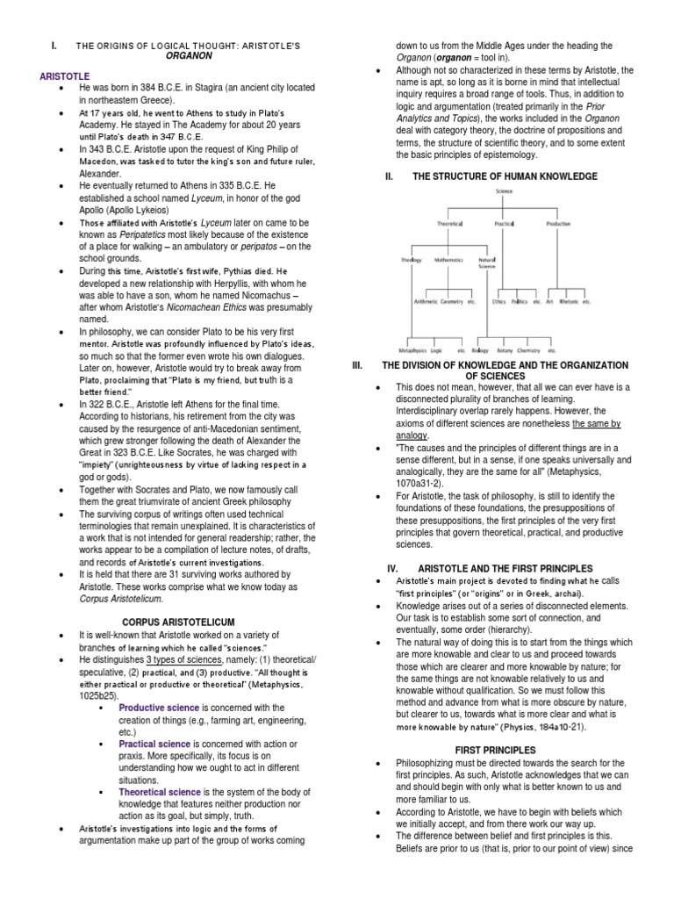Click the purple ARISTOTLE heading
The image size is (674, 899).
click(65, 76)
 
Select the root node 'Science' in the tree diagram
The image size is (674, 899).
click(504, 191)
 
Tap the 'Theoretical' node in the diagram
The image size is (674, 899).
click(449, 223)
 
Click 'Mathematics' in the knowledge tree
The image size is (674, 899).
click(448, 261)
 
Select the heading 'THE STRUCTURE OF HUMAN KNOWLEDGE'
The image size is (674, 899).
click(508, 176)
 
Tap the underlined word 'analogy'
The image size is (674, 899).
click(411, 436)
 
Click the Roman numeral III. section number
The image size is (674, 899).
click(357, 365)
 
